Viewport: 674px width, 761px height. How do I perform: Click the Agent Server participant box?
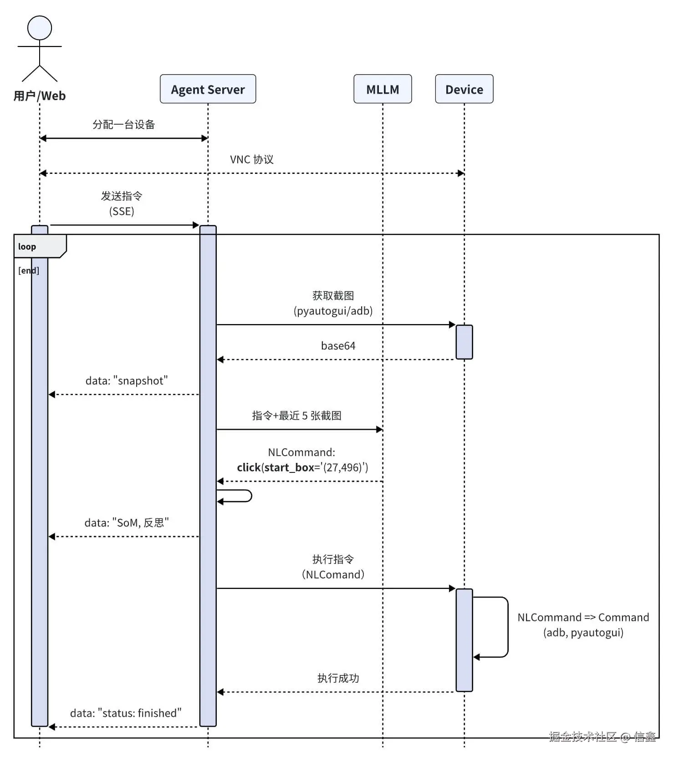coord(208,89)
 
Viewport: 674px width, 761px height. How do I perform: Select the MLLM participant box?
coord(383,89)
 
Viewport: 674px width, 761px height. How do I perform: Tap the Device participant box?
coord(464,89)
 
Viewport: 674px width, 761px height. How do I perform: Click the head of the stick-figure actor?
coord(40,28)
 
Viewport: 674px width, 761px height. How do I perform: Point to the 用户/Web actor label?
coord(40,96)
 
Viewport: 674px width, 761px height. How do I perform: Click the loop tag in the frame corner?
coord(27,247)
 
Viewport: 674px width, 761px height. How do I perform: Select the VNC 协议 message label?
coord(251,160)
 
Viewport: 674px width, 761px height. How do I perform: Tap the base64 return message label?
coord(338,346)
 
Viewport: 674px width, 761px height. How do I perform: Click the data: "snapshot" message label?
coord(127,381)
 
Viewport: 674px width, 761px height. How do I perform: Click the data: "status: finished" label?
coord(126,713)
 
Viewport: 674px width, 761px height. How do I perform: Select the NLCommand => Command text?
coord(583,618)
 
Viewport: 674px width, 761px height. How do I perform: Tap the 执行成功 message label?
coord(338,679)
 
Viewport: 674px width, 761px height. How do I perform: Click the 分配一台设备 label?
coord(124,125)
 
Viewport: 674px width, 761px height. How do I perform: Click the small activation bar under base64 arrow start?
coord(464,342)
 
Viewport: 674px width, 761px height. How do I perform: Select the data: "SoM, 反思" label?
coord(127,523)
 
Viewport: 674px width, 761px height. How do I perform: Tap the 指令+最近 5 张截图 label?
coord(296,416)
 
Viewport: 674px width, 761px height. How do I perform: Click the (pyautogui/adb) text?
coord(333,311)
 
